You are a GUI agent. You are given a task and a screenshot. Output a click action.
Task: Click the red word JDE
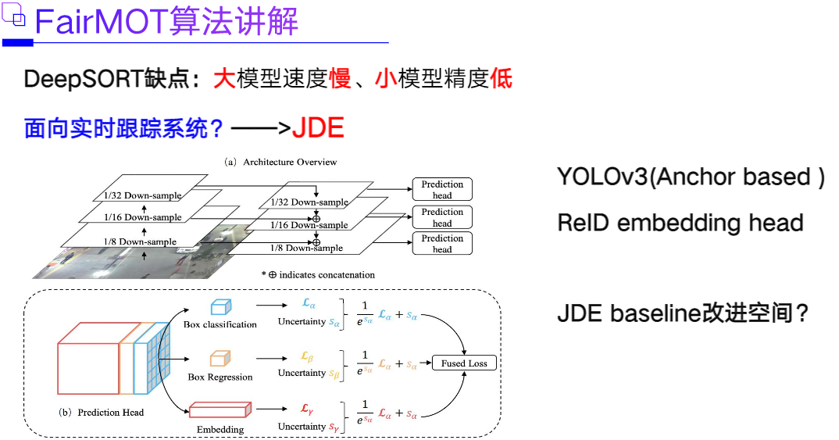click(318, 127)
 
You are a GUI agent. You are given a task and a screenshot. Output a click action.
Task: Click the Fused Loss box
click(464, 363)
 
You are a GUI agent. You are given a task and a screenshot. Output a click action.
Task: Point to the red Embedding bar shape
click(220, 410)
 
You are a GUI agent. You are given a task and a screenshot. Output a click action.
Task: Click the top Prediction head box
click(442, 190)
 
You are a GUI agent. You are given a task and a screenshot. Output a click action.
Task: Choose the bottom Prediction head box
click(442, 244)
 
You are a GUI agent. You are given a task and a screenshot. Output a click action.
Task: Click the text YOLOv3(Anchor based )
click(691, 177)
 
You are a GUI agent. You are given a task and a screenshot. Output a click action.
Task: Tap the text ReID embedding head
click(680, 224)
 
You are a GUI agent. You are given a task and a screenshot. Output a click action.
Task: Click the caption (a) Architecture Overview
click(280, 162)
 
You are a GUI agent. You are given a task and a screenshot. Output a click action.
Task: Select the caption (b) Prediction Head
click(102, 412)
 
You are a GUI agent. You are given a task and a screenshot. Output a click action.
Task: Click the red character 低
click(502, 79)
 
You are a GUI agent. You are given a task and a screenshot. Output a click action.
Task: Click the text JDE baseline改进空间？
click(682, 314)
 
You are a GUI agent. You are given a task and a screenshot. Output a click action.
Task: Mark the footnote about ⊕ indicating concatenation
click(318, 274)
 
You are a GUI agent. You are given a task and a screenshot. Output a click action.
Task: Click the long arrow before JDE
click(261, 127)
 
